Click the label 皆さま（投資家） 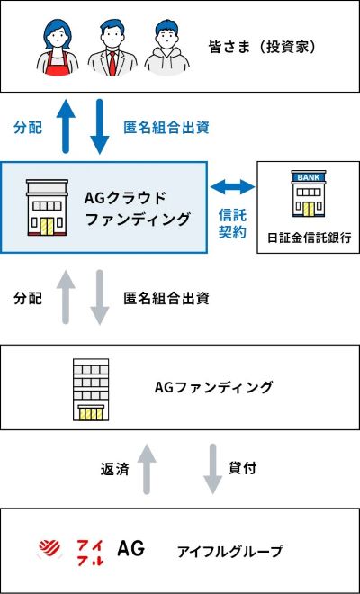(x=262, y=48)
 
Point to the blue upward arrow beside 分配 (x=66, y=126)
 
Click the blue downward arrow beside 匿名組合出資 (x=100, y=127)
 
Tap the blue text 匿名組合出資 (x=166, y=128)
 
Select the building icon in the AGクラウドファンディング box (x=47, y=208)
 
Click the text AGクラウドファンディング (x=138, y=208)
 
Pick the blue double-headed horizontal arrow (x=232, y=186)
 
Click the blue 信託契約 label (x=232, y=224)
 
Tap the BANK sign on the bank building (x=309, y=177)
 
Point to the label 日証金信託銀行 (x=309, y=238)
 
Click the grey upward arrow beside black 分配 (x=66, y=297)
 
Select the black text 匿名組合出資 (x=166, y=299)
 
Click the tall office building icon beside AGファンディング (x=90, y=390)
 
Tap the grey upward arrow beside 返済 (x=147, y=469)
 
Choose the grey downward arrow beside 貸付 (x=213, y=469)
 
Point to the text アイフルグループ (x=230, y=552)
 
